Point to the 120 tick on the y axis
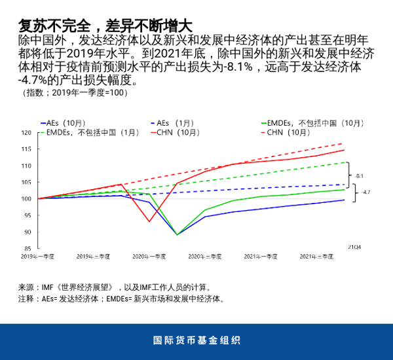click(x=27, y=132)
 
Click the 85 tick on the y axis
click(x=28, y=249)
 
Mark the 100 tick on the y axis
click(x=27, y=199)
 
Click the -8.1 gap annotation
click(x=359, y=175)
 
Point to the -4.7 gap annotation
click(x=365, y=192)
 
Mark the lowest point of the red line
click(x=149, y=221)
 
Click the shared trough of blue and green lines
click(x=177, y=234)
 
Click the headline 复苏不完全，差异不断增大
click(x=105, y=26)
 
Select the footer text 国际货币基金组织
click(x=196, y=340)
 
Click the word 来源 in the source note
click(x=26, y=287)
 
